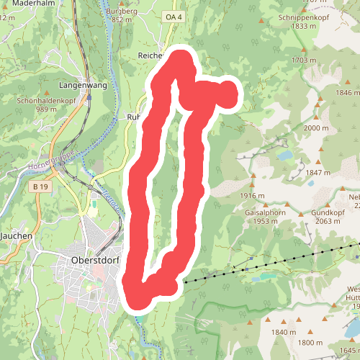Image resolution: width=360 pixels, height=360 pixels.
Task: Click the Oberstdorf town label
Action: point(95,260)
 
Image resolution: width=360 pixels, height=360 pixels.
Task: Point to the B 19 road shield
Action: point(40,186)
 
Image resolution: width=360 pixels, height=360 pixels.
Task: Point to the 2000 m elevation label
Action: point(316,128)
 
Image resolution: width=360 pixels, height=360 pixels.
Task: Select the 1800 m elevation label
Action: point(310,343)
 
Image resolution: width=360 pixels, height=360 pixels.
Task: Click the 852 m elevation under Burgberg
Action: point(122,20)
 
